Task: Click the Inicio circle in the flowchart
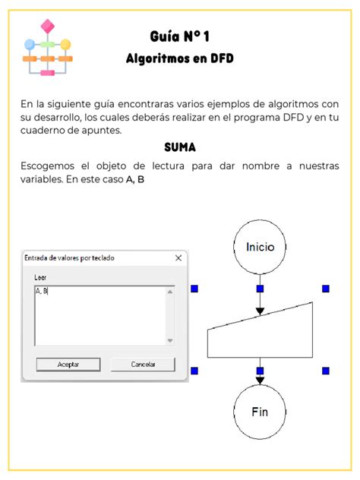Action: pos(260,247)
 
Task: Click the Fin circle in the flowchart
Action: pos(260,412)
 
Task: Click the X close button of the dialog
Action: pos(178,258)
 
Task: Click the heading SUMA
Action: pos(180,147)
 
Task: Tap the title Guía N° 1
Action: pos(179,37)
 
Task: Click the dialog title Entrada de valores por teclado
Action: pos(70,258)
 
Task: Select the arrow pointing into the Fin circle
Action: pos(260,377)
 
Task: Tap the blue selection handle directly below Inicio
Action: pos(260,289)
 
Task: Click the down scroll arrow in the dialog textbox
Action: pos(170,340)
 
